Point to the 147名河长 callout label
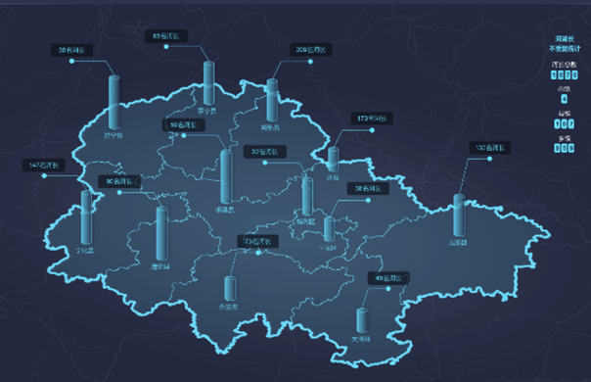click(x=45, y=166)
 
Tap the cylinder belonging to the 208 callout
click(x=273, y=102)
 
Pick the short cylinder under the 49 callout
click(x=363, y=320)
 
